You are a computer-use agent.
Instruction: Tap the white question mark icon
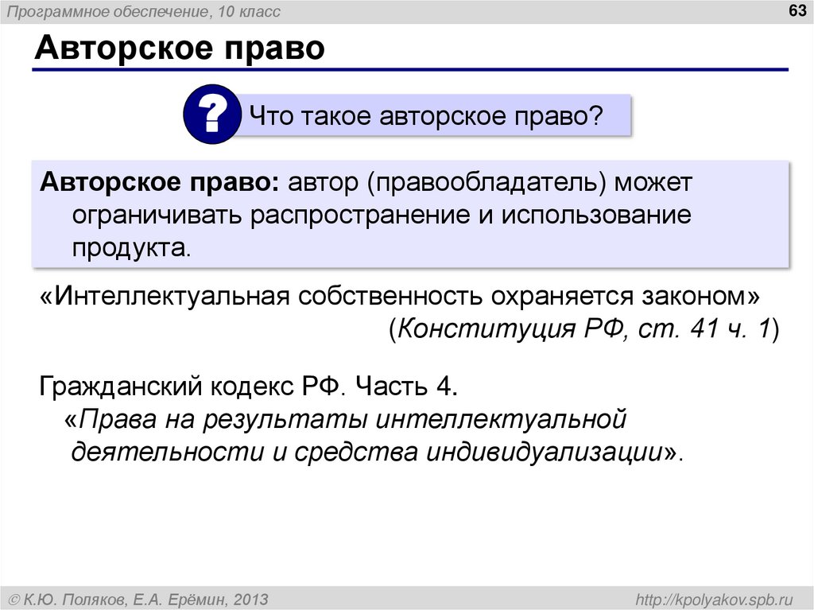click(211, 117)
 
